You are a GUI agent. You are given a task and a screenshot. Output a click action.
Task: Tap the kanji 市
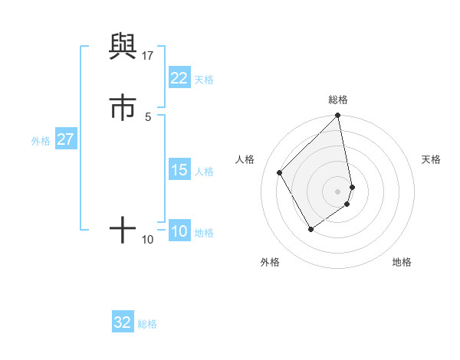123,108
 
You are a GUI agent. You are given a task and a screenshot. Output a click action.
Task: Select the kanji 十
123,229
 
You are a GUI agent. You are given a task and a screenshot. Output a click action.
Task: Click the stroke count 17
148,56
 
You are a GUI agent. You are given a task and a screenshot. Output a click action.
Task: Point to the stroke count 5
148,116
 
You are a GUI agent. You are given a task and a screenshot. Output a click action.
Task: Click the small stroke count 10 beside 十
148,240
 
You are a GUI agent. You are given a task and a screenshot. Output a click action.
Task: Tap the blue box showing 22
179,78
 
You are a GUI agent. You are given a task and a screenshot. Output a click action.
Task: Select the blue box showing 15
179,170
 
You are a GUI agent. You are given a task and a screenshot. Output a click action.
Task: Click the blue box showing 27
65,140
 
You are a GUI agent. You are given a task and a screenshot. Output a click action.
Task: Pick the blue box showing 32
123,322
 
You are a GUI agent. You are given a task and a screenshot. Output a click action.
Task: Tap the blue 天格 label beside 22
204,79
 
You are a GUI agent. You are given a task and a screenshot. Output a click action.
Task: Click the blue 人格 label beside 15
204,171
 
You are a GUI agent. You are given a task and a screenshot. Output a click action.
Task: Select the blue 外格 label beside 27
41,141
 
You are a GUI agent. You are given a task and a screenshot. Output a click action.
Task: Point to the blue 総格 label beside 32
147,323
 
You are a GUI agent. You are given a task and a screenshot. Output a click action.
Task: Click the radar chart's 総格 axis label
338,100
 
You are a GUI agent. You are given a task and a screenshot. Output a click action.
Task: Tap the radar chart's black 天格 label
431,159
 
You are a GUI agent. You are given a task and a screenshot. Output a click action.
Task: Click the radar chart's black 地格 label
402,262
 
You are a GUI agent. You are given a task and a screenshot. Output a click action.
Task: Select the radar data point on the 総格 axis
338,116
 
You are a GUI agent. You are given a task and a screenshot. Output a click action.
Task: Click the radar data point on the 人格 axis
280,172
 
